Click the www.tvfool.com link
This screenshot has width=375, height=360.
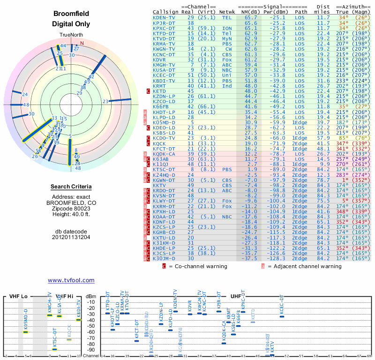[71, 280]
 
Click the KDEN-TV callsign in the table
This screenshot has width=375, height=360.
[164, 17]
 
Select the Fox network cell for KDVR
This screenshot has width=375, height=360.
[226, 60]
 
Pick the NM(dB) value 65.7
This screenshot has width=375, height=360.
[250, 17]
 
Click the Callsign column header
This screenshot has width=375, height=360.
[166, 12]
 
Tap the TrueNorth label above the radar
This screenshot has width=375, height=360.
[71, 36]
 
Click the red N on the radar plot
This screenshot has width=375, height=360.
[82, 44]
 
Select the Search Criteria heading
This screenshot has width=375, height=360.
[71, 187]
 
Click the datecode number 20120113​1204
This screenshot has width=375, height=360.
[71, 237]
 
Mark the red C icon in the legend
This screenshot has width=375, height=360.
[164, 266]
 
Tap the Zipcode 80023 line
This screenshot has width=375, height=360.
[71, 208]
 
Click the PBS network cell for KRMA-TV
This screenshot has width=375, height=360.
[226, 43]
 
